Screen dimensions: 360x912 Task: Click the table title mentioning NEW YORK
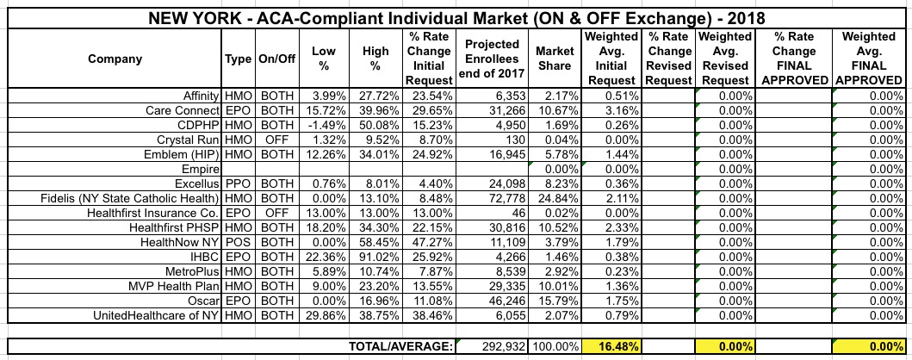[456, 16]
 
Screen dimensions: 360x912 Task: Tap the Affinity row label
[198, 95]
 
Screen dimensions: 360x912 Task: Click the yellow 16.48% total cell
[611, 346]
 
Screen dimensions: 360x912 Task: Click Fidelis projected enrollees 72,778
[494, 198]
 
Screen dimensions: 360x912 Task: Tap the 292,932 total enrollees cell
[494, 346]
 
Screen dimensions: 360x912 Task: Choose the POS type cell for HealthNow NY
[239, 243]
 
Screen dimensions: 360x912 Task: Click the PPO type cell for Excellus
[239, 183]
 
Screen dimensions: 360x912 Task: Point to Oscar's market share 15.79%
[555, 302]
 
